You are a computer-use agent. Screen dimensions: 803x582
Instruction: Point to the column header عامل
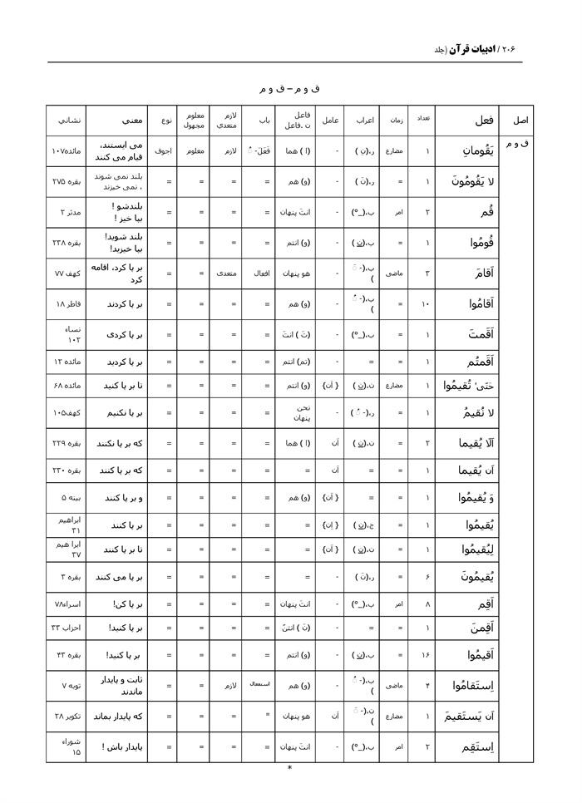[x=329, y=121]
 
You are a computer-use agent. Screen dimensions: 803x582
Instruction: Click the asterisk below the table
[x=289, y=768]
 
